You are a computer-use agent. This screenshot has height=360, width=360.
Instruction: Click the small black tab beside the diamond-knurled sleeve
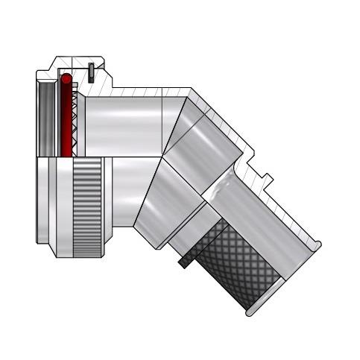click(183, 262)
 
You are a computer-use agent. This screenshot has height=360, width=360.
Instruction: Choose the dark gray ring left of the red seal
click(48, 119)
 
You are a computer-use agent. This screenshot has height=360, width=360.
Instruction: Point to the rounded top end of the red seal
click(66, 78)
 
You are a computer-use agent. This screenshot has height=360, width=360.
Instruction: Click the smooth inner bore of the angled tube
click(261, 216)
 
